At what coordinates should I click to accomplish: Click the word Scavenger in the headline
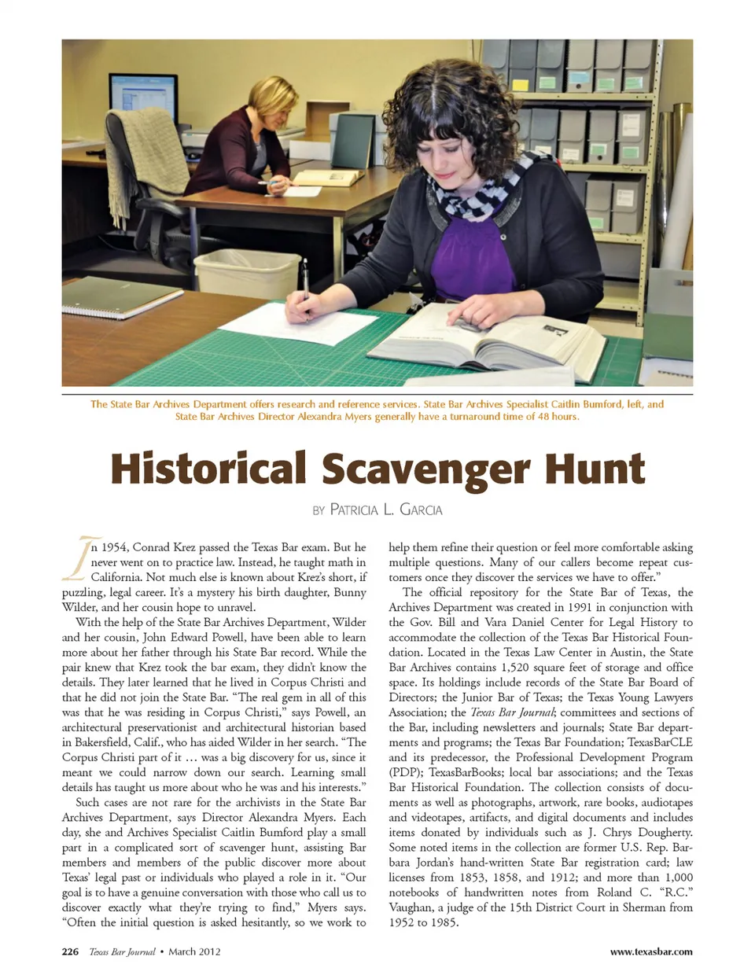pos(426,469)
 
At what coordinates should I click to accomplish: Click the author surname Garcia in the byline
pos(421,510)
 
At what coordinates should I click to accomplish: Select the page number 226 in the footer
pos(70,951)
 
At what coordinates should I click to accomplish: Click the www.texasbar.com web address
pos(651,951)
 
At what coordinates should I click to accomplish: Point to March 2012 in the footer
pos(194,951)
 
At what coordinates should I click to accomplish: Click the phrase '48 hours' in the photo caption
pos(554,417)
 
